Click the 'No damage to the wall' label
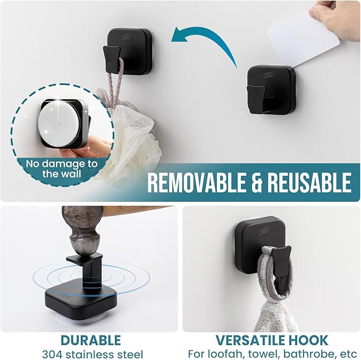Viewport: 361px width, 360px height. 62,169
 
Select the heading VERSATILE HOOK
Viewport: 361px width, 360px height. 271,340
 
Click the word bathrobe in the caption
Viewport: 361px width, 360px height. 305,354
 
